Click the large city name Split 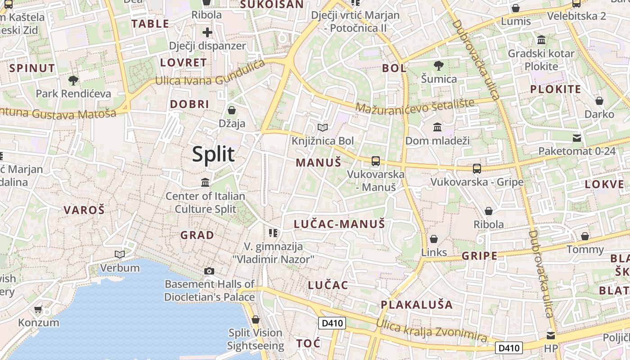pyautogui.click(x=213, y=154)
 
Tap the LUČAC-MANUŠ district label pyautogui.click(x=339, y=224)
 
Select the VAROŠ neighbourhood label pyautogui.click(x=84, y=210)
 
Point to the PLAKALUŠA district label pyautogui.click(x=417, y=305)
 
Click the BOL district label pyautogui.click(x=394, y=68)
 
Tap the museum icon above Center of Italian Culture pyautogui.click(x=206, y=183)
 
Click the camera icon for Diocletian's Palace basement pyautogui.click(x=209, y=271)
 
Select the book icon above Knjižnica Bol pyautogui.click(x=323, y=128)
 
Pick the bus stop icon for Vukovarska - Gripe pyautogui.click(x=477, y=169)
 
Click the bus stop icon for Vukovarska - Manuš pyautogui.click(x=376, y=161)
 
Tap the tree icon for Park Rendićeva pyautogui.click(x=73, y=81)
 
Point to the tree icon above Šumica pyautogui.click(x=439, y=66)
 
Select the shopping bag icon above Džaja pyautogui.click(x=232, y=110)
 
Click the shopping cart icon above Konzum pyautogui.click(x=38, y=310)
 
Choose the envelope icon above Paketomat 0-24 pyautogui.click(x=577, y=138)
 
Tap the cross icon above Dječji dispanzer pyautogui.click(x=207, y=32)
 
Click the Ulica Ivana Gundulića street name pyautogui.click(x=210, y=73)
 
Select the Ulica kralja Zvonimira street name pyautogui.click(x=432, y=331)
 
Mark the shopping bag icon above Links pyautogui.click(x=434, y=239)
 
